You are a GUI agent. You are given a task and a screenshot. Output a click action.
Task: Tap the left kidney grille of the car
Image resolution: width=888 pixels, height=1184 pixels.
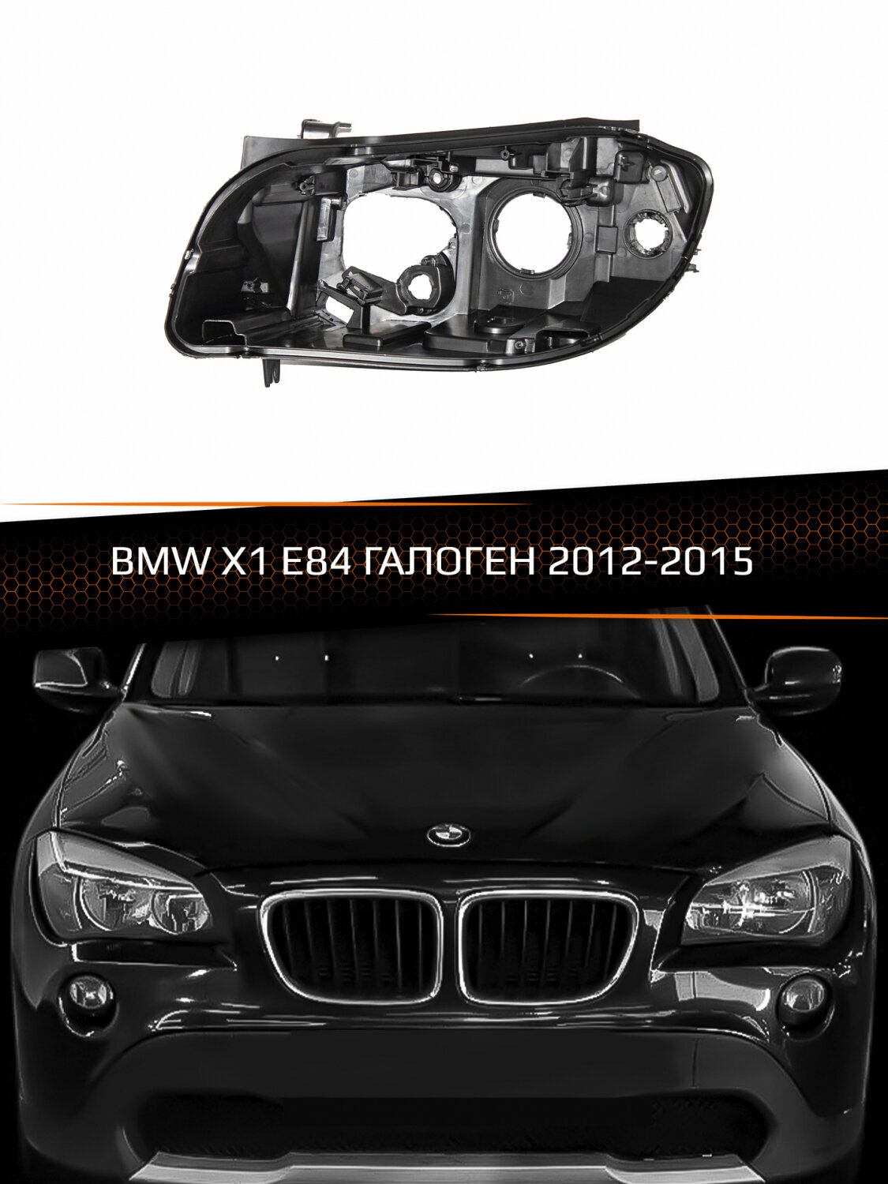tap(353, 944)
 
